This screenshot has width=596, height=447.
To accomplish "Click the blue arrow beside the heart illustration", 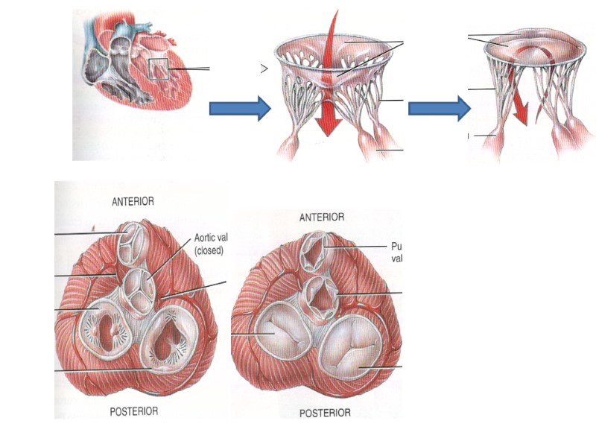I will tap(238, 109).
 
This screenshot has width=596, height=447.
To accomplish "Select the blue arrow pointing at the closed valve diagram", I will tap(439, 109).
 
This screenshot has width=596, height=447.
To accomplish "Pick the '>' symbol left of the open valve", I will tap(264, 69).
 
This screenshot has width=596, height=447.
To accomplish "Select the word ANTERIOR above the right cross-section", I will tap(321, 218).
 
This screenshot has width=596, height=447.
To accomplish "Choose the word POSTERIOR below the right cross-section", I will tap(324, 413).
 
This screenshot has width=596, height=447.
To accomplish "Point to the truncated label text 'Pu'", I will tap(396, 245).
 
